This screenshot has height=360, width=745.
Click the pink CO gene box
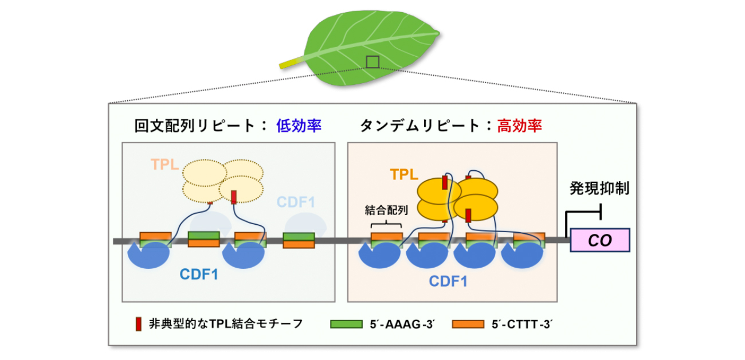pos(599,240)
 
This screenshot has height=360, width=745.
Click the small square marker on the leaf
pos(372,61)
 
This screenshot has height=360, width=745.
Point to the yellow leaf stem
pos(291,61)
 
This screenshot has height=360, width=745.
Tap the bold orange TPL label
pos(404,175)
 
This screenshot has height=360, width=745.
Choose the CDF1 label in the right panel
pos(448,281)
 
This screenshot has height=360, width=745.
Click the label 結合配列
pos(386,210)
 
